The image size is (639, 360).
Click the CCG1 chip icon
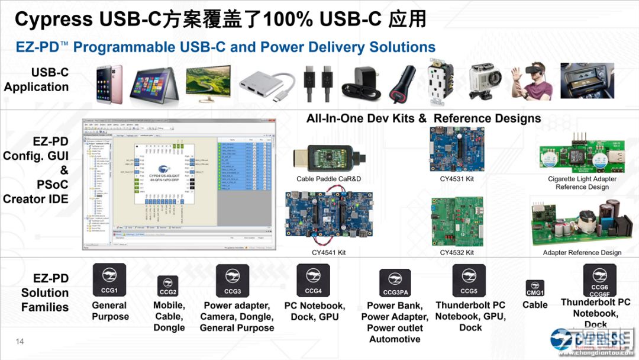109,280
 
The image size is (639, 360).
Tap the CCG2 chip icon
168,286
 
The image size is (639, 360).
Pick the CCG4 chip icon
313,281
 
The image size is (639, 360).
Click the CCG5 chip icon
469,281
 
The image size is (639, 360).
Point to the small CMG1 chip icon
535,289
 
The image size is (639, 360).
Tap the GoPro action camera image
485,82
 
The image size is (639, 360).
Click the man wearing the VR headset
532,82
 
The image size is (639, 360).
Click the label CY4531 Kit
457,179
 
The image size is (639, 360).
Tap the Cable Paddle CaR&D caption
329,179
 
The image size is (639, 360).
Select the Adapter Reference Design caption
582,252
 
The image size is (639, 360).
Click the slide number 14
20,341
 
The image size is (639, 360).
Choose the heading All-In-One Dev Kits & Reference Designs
424,118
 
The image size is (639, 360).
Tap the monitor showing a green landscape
208,82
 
